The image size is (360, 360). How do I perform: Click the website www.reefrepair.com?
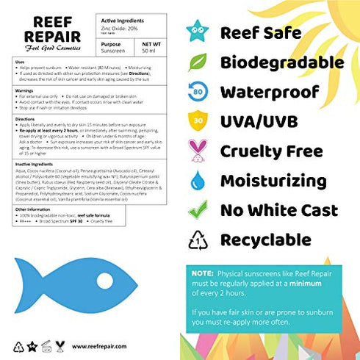click(x=96, y=345)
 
